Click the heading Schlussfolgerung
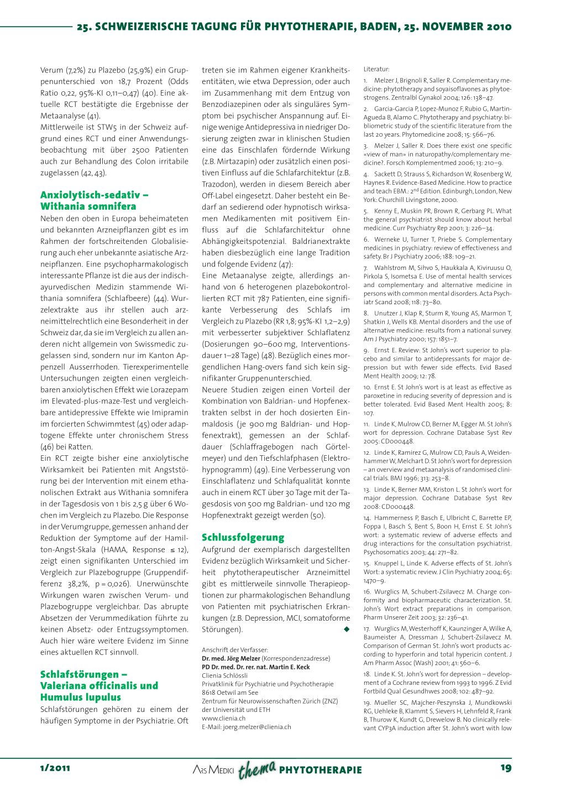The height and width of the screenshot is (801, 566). click(243, 537)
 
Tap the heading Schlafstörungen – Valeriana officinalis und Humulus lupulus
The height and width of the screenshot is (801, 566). click(99, 685)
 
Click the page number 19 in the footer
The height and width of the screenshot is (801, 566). click(505, 768)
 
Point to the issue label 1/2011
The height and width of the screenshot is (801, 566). click(55, 768)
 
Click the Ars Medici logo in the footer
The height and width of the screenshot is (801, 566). click(213, 769)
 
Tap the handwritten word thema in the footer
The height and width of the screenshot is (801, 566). click(257, 769)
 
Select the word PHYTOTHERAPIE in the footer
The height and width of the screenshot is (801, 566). click(321, 769)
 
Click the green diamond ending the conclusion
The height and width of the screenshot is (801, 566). click(347, 629)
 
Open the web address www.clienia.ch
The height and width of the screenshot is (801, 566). click(223, 718)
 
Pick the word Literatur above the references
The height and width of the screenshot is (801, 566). click(376, 69)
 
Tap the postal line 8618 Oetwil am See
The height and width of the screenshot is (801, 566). click(229, 692)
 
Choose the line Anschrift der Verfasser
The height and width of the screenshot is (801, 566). click(235, 649)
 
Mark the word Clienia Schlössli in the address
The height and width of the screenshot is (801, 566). click(224, 675)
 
